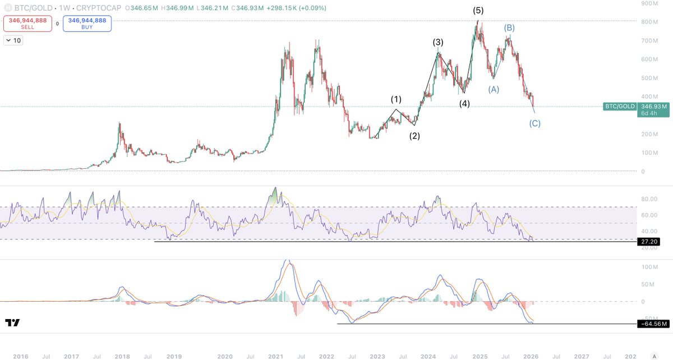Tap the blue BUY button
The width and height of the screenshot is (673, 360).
(86, 24)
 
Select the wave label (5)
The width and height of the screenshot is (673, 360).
(478, 11)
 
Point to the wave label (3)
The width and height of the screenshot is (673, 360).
(438, 42)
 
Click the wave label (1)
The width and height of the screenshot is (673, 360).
(396, 99)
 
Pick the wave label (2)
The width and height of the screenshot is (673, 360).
(414, 136)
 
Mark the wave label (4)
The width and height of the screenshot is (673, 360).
(464, 103)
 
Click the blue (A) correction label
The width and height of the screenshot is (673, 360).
(494, 89)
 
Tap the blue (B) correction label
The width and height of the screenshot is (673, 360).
(509, 27)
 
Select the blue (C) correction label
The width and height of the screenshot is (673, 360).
(535, 123)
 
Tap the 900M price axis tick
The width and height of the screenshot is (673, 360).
(651, 3)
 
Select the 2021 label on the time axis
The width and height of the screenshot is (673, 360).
(275, 356)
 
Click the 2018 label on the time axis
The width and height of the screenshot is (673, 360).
(122, 356)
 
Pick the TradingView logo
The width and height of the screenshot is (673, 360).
(12, 323)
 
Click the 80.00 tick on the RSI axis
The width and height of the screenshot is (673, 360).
(649, 199)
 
